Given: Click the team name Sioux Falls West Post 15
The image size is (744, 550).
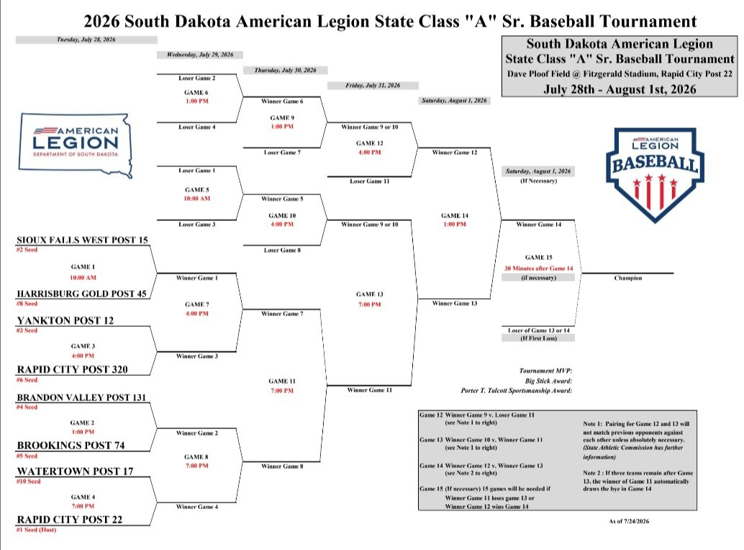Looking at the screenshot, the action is click(83, 240).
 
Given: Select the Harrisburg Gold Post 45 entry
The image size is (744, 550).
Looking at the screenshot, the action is click(81, 294).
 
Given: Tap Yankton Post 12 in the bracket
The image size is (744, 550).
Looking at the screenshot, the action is click(65, 321).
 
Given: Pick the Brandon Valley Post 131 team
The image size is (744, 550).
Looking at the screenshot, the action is click(81, 397).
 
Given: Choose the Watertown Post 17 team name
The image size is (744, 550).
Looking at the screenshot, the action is click(75, 472).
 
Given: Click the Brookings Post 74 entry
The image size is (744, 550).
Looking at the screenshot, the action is click(71, 446).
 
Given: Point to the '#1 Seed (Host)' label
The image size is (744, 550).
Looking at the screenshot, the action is click(36, 530).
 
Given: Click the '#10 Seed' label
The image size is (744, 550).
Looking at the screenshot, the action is click(29, 481).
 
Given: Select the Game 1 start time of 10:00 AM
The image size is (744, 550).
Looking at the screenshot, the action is click(83, 278).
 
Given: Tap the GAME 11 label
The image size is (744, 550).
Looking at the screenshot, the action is click(282, 381).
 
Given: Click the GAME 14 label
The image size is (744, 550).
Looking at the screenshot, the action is click(455, 215).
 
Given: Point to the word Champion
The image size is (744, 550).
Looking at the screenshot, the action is click(627, 278).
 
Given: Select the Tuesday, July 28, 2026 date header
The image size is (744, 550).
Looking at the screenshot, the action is click(86, 40).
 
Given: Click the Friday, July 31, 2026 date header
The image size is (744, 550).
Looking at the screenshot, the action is click(373, 86).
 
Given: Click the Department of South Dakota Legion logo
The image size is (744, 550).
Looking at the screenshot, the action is click(76, 145).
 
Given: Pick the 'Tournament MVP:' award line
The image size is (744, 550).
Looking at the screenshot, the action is click(545, 371).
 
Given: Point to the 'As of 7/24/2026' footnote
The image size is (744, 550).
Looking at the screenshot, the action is click(629, 521).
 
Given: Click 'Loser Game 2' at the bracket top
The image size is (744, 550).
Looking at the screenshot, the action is click(197, 78).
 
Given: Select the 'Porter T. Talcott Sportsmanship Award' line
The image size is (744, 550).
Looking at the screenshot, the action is click(516, 391).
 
